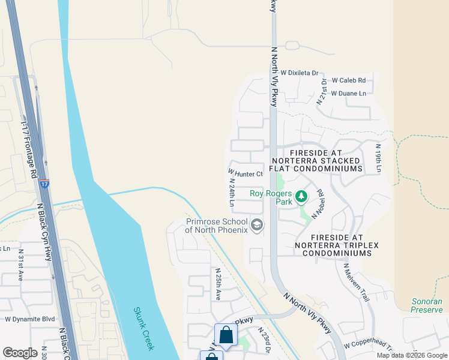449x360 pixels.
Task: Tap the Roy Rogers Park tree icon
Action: pyautogui.click(x=302, y=196)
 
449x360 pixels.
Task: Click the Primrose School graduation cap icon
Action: pyautogui.click(x=257, y=225)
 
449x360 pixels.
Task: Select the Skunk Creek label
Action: pyautogui.click(x=145, y=329)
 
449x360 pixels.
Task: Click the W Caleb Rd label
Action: pyautogui.click(x=348, y=80)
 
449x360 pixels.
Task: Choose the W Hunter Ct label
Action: pyautogui.click(x=246, y=174)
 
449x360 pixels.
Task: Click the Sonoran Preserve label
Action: pyautogui.click(x=427, y=306)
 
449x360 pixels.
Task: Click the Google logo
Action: pyautogui.click(x=20, y=353)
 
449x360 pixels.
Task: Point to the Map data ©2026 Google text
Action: pyautogui.click(x=411, y=355)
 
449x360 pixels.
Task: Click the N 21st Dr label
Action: pyautogui.click(x=322, y=92)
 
